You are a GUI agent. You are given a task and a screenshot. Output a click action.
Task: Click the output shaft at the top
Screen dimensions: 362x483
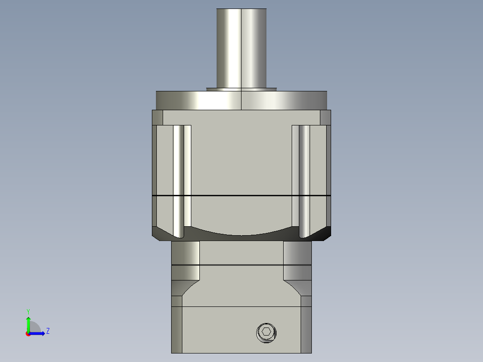point(241,47)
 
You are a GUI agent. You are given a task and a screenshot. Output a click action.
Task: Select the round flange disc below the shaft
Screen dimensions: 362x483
point(241,100)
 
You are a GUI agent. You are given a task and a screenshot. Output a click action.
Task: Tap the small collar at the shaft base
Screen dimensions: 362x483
point(241,89)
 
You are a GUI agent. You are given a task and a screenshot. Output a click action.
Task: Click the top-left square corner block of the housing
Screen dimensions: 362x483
point(157,117)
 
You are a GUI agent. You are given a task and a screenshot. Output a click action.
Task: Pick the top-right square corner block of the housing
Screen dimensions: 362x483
point(325,117)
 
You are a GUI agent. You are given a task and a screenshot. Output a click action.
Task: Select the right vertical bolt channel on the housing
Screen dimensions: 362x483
point(304,179)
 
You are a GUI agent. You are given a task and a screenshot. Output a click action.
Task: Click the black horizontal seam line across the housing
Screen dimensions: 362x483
point(241,196)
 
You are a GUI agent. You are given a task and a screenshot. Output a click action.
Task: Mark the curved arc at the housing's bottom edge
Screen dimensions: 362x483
point(241,233)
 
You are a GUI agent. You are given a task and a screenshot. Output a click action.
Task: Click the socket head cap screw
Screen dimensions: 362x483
point(266,332)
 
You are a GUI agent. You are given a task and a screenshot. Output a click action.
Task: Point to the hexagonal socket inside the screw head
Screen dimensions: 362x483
point(266,332)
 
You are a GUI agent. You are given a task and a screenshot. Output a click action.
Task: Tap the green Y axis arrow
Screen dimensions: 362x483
point(28,323)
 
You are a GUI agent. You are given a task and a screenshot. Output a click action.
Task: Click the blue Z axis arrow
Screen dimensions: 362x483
point(39,333)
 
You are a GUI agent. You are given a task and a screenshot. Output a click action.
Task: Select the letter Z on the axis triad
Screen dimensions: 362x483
point(47,331)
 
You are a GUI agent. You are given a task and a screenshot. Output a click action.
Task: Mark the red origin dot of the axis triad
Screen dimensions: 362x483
point(28,334)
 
